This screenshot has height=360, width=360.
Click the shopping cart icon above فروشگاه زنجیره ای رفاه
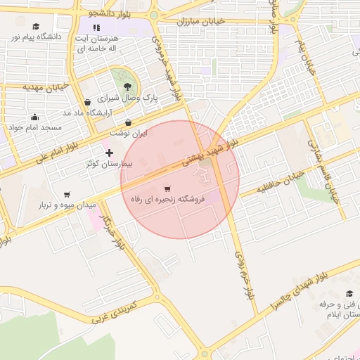(x=167, y=188)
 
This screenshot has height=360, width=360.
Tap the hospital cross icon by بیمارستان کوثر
(x=108, y=153)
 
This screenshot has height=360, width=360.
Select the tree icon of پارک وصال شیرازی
(x=127, y=86)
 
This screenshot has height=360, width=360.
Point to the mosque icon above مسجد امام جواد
(x=35, y=117)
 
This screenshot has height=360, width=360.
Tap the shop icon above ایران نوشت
(x=127, y=122)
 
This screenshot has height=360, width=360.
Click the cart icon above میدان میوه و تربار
(x=66, y=194)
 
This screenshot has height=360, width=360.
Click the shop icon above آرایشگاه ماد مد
(x=86, y=102)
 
